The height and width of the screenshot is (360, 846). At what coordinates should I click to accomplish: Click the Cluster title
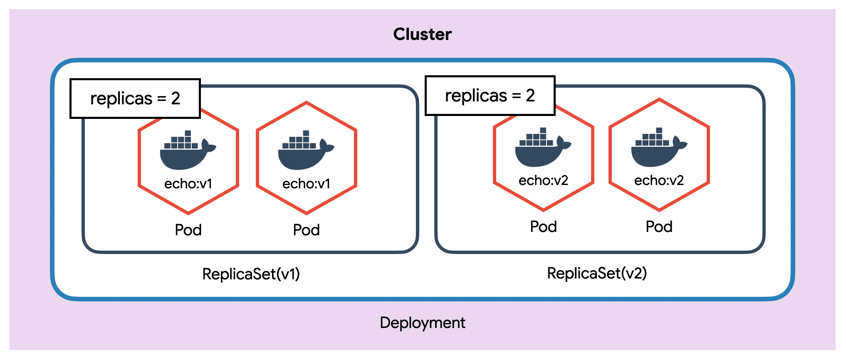tap(422, 34)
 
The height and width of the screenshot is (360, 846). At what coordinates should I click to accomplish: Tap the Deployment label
tap(422, 323)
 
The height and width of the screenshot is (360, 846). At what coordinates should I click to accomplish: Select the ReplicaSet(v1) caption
tap(251, 274)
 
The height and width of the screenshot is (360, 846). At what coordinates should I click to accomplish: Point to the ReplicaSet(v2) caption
tap(597, 273)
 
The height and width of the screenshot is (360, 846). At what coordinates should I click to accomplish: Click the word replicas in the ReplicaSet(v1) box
tap(121, 99)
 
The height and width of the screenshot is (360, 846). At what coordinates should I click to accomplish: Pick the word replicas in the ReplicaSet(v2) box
tap(476, 96)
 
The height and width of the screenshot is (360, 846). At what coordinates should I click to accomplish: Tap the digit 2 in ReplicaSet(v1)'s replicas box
tap(176, 99)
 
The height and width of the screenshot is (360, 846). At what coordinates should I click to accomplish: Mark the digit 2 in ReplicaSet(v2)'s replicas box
tap(530, 96)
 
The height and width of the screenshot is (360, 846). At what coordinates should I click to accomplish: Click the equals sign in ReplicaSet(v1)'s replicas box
tap(161, 99)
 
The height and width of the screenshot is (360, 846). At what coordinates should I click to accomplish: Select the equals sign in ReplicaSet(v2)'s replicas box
tap(516, 96)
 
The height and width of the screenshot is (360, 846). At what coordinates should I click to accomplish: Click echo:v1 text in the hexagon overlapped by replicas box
tap(188, 183)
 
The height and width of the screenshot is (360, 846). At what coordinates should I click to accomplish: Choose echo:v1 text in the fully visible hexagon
tap(306, 183)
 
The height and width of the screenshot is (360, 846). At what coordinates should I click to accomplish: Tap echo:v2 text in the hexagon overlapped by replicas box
tap(543, 180)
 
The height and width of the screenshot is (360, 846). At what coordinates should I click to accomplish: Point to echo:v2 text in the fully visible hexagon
tap(659, 180)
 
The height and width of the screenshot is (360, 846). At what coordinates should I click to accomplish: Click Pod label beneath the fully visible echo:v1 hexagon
tap(306, 230)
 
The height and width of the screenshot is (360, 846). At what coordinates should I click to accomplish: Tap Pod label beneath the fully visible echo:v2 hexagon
tap(659, 227)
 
